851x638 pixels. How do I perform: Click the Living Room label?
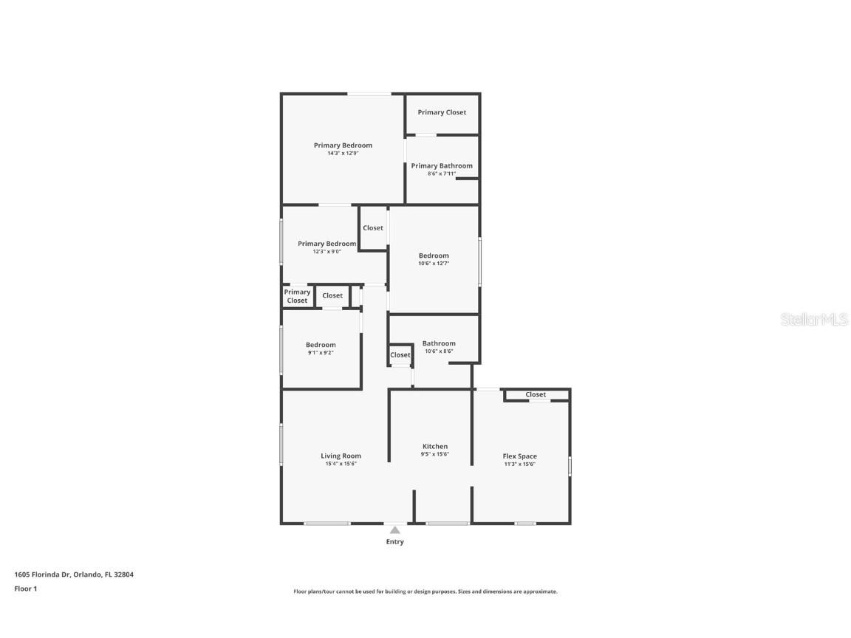341,456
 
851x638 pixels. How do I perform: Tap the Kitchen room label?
434,446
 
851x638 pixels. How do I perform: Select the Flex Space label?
519,456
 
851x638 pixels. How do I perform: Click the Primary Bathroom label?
442,165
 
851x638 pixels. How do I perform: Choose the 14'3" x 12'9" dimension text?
343,154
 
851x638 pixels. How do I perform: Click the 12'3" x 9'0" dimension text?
327,252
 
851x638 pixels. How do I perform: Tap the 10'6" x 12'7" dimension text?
434,264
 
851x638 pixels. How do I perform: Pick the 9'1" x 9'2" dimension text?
321,353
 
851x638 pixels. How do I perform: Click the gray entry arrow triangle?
395,529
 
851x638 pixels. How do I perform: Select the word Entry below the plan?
395,542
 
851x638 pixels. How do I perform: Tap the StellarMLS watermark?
814,319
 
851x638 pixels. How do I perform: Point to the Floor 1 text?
25,589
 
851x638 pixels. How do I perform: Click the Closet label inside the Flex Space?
536,394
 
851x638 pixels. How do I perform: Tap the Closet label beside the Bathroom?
400,355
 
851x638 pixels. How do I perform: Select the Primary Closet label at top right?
442,112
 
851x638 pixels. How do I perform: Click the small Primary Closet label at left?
297,296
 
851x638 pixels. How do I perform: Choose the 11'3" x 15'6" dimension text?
519,464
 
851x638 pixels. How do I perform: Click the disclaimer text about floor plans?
425,591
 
